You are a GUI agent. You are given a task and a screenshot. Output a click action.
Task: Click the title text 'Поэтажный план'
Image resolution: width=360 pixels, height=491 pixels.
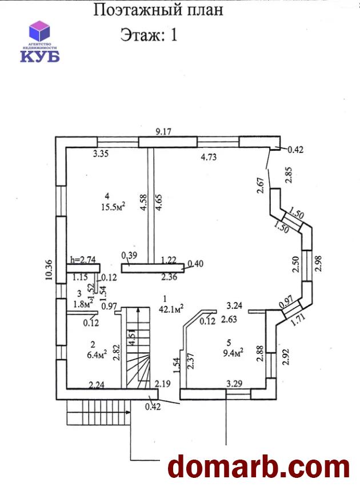click(158, 10)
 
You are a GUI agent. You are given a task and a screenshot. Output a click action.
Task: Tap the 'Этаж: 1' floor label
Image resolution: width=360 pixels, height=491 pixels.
click(149, 35)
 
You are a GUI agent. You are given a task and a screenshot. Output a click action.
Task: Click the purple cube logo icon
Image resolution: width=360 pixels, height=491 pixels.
click(41, 31)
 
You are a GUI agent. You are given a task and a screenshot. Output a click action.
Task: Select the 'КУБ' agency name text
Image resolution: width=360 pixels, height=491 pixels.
click(41, 55)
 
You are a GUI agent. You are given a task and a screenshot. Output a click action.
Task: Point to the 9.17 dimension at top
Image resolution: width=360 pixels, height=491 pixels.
click(164, 132)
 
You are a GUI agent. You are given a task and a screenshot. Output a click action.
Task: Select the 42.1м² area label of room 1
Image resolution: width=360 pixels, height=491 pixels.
click(171, 308)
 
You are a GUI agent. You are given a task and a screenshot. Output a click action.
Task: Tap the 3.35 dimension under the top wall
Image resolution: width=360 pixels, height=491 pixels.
click(102, 153)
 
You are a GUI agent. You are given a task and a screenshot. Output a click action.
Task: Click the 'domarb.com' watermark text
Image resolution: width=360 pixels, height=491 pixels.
click(258, 467)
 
